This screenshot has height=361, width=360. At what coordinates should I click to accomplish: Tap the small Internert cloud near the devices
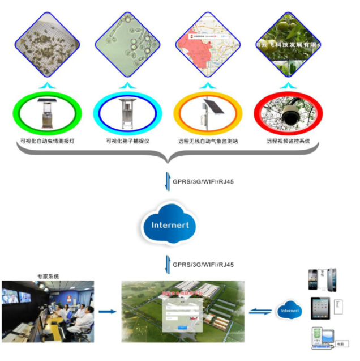pyautogui.click(x=290, y=311)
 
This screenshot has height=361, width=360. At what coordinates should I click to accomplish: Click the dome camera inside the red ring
pyautogui.click(x=290, y=115)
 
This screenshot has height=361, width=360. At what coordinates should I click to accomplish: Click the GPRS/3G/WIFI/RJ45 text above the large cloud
pyautogui.click(x=203, y=181)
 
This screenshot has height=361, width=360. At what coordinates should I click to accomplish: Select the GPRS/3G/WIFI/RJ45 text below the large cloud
pyautogui.click(x=203, y=264)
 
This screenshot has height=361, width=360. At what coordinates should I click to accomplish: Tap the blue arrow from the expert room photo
pyautogui.click(x=108, y=311)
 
